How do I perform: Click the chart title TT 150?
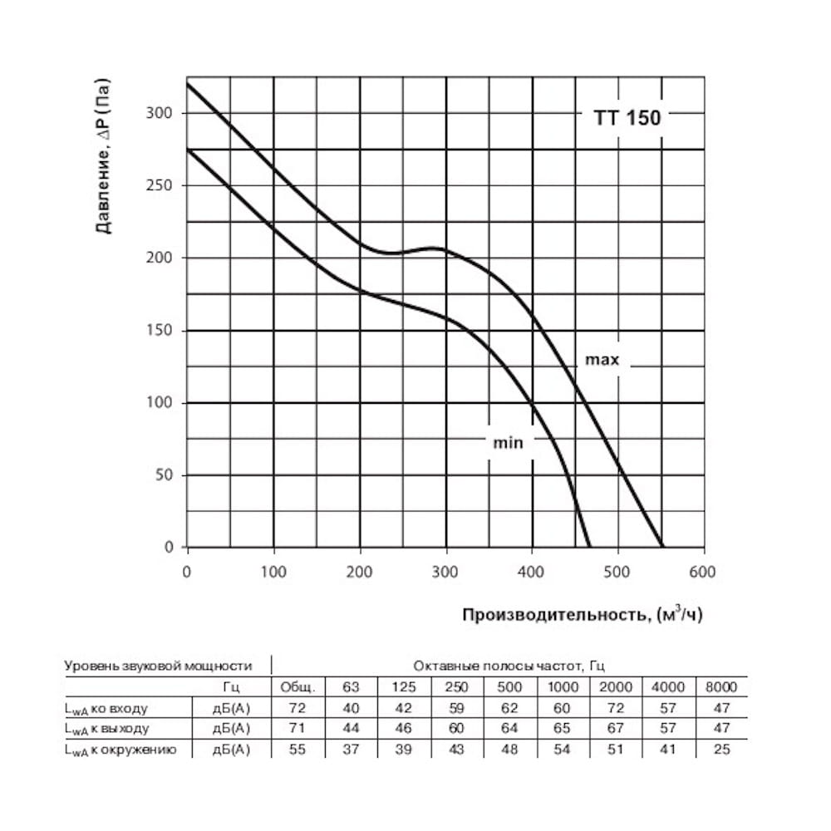pos(627,117)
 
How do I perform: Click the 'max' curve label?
pos(602,360)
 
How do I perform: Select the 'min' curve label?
pos(508,443)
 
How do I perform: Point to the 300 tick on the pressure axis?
pos(160,113)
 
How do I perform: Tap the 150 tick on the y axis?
pos(160,331)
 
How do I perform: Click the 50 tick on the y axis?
pos(164,475)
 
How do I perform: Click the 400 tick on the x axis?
pos(532,572)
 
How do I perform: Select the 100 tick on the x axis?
pos(273,572)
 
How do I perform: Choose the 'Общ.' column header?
pos(297,687)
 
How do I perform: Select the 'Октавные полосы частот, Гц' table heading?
pos(509,666)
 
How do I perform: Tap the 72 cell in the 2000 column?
pos(616,708)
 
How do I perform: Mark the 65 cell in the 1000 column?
pos(563,729)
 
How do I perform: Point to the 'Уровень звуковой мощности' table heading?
pos(157,666)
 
